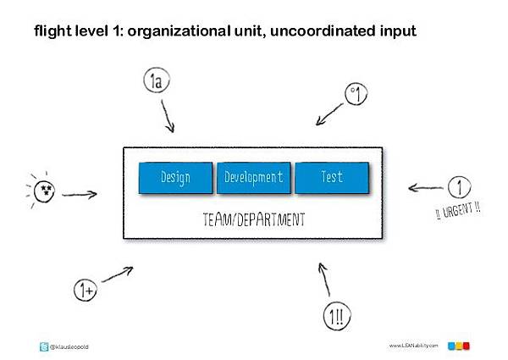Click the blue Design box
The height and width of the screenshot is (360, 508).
coord(175,178)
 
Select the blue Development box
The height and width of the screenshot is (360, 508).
coord(254,178)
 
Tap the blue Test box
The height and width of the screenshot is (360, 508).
coord(332,178)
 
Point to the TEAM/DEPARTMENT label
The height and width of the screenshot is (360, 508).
coord(254,219)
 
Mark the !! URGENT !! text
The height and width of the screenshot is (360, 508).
coord(458,211)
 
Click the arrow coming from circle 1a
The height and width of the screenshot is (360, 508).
coord(168,116)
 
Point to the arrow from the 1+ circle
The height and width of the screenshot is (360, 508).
coord(118,274)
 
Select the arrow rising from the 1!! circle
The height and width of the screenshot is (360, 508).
coord(324,280)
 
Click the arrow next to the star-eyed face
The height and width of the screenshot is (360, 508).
coord(80,195)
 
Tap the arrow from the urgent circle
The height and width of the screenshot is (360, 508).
coord(425,187)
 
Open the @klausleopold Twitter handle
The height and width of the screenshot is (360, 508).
coord(69,346)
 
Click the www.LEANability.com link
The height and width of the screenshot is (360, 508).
coord(413,346)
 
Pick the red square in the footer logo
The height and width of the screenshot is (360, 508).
coord(467,346)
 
